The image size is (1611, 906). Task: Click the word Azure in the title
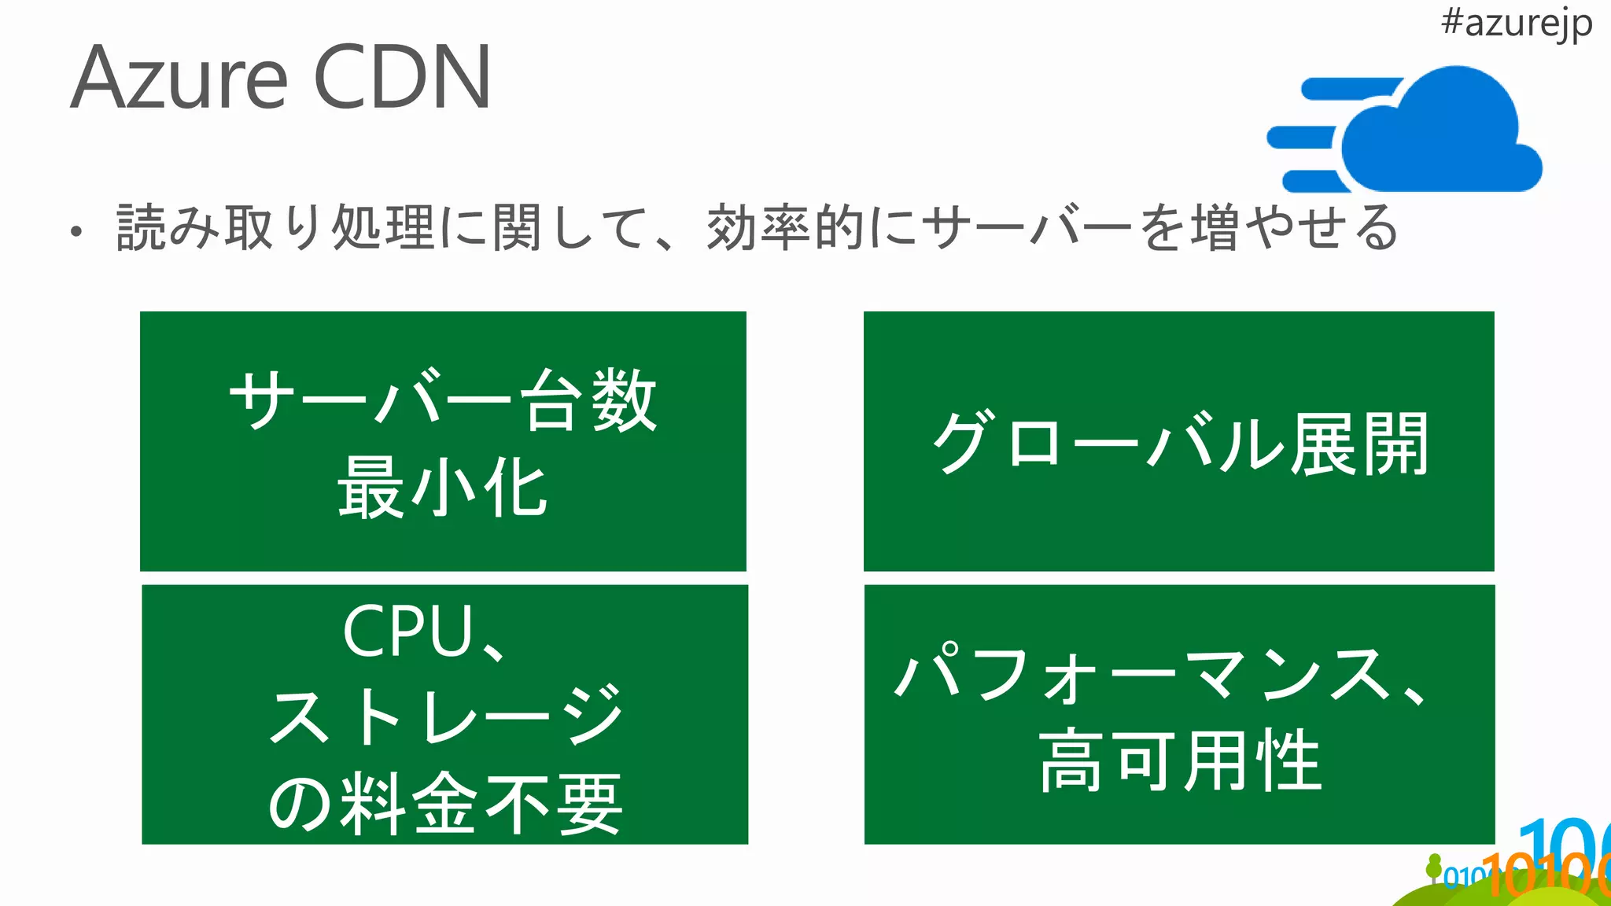[x=179, y=79]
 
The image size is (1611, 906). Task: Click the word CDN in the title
[x=402, y=79]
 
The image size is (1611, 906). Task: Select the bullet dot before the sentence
[x=76, y=231]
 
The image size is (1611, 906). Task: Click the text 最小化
[x=442, y=488]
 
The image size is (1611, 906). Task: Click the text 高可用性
[x=1179, y=761]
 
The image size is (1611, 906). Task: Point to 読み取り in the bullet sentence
[x=220, y=228]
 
